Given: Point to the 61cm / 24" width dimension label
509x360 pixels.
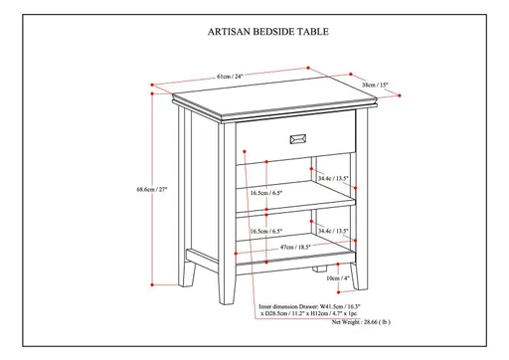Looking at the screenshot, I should click(x=231, y=76).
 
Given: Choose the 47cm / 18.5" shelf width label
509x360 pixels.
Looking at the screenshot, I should click(x=268, y=245).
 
